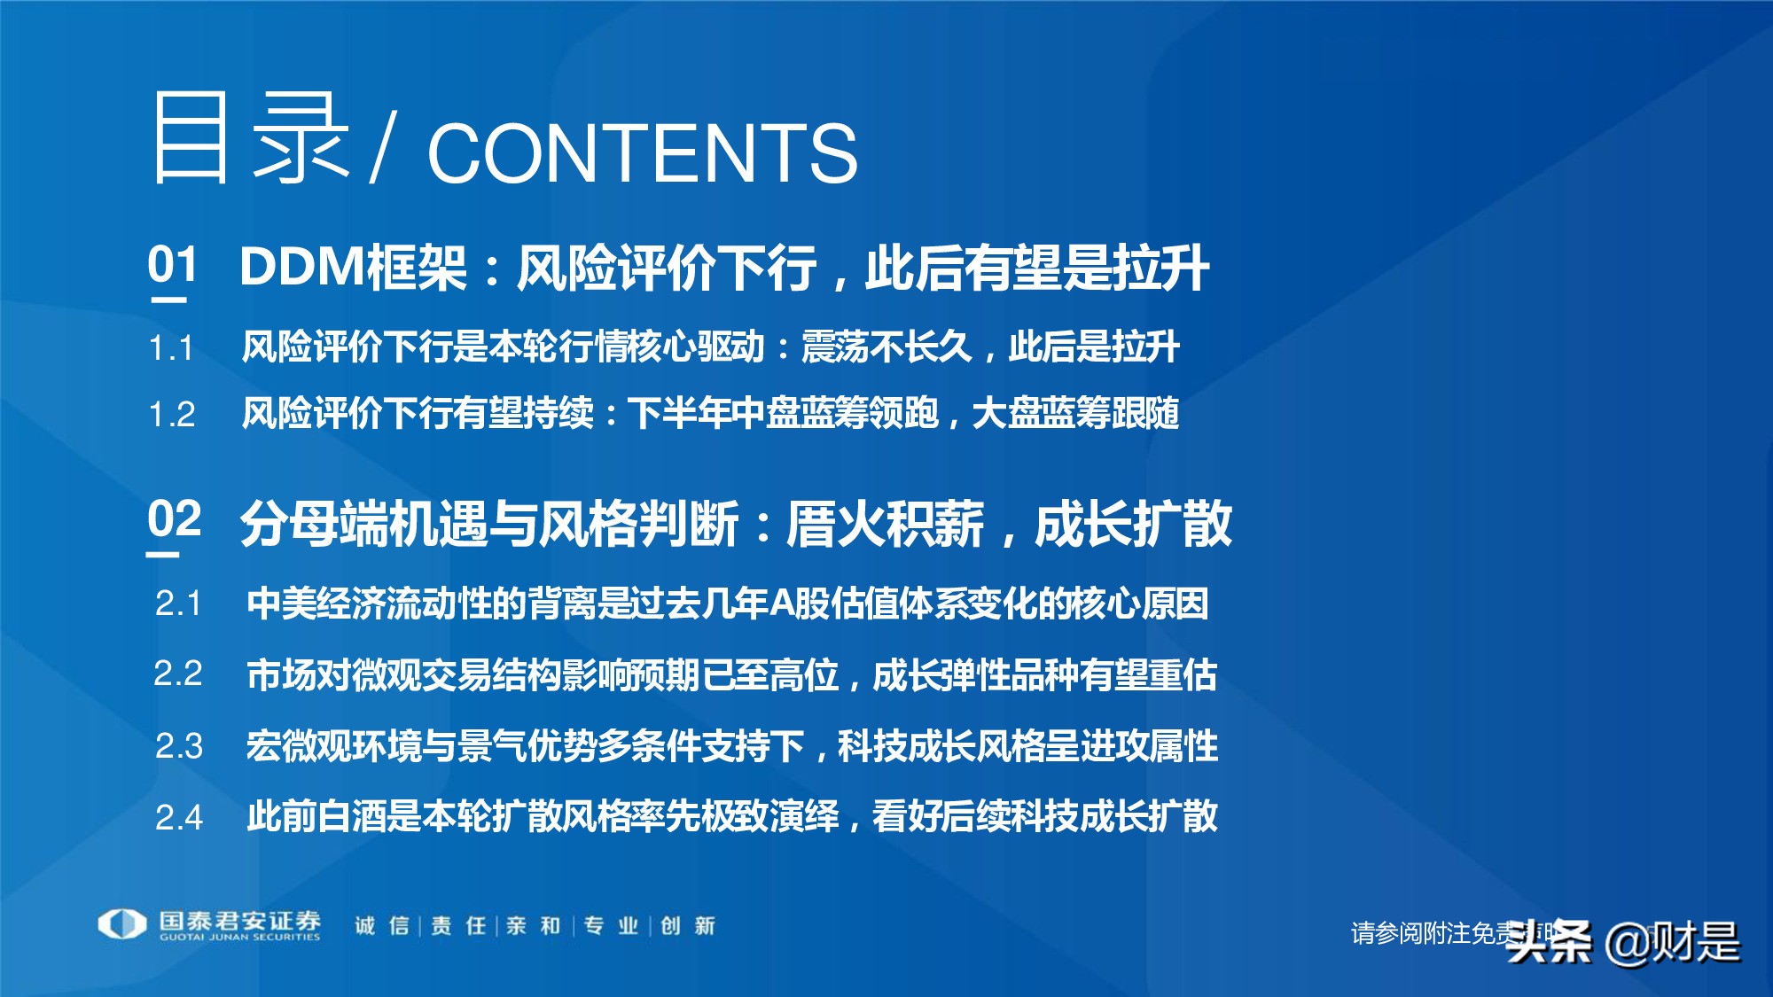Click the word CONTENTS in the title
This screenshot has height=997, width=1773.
pos(642,153)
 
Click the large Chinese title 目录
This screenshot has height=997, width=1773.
pos(251,140)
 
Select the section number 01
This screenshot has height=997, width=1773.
pos(172,265)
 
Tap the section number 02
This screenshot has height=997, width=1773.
pos(174,519)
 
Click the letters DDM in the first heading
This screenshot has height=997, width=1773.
pos(301,267)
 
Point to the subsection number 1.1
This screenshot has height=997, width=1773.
pos(171,348)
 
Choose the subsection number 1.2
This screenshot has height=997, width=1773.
pos(171,415)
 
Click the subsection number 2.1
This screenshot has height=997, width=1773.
pos(178,604)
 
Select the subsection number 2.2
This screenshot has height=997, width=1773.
pos(178,674)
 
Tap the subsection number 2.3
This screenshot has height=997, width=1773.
pos(178,746)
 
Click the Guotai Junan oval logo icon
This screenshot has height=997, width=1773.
pos(122,924)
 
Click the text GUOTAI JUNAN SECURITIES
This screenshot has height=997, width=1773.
pos(239,938)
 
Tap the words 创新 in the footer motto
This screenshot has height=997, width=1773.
pos(688,926)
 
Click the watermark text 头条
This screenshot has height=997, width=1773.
pos(1549,942)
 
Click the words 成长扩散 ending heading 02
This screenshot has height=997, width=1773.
pos(1133,524)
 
